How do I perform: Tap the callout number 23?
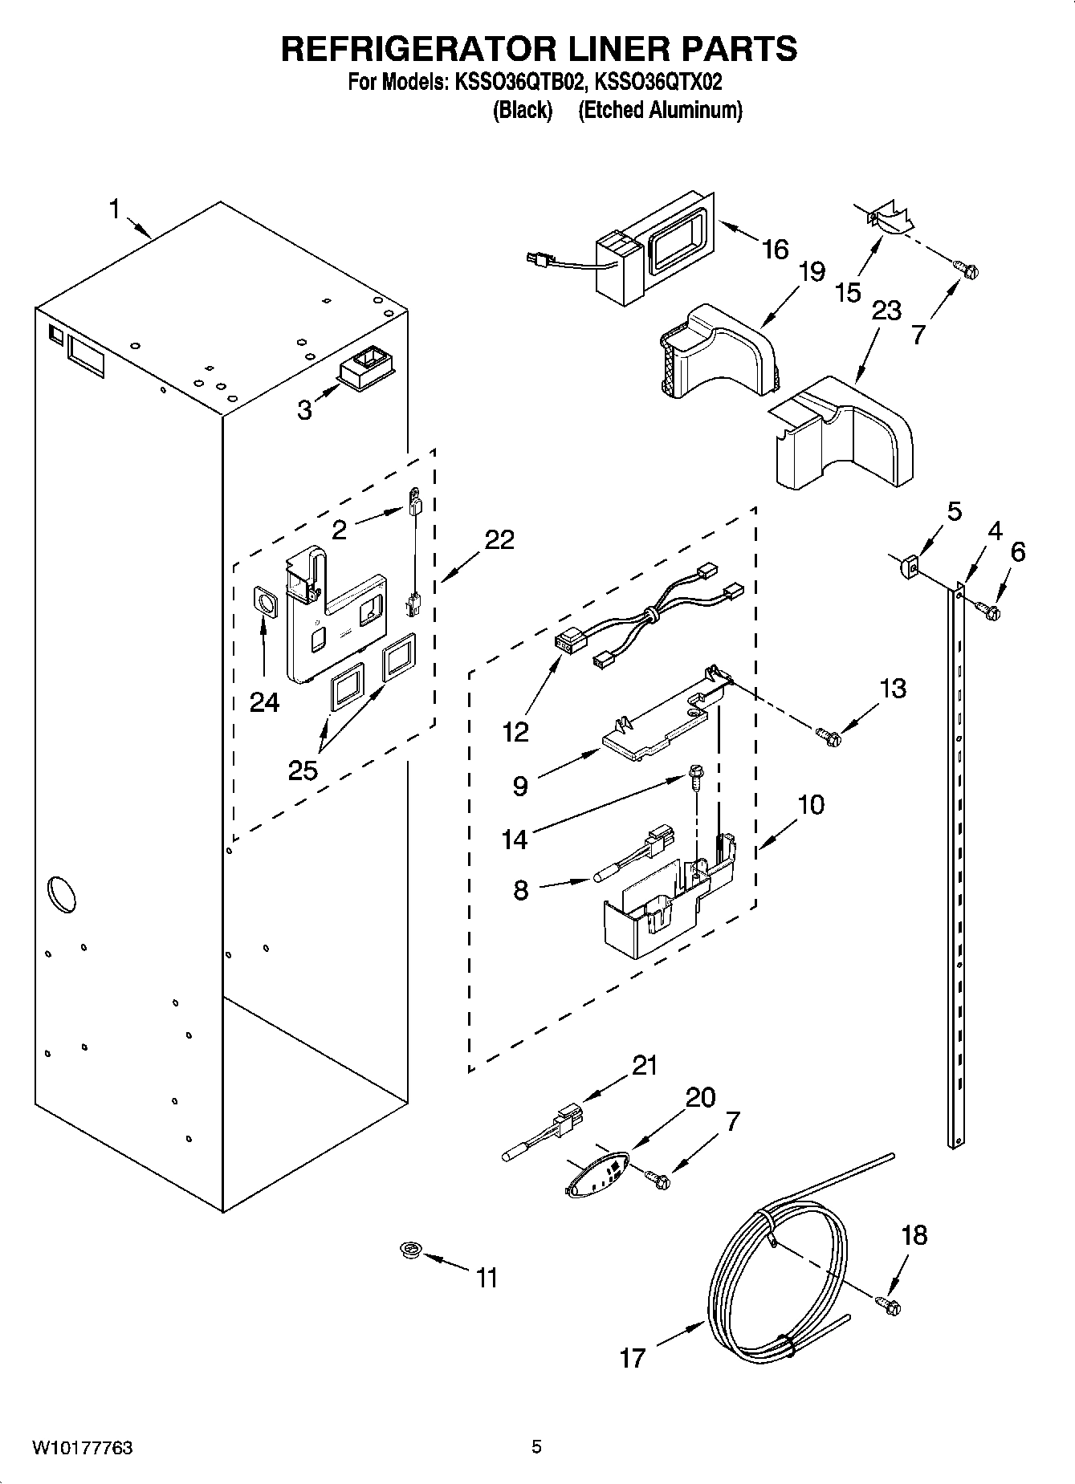(886, 311)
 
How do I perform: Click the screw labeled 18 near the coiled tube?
(889, 1306)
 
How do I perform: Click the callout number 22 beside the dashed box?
(499, 539)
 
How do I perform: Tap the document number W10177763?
(83, 1449)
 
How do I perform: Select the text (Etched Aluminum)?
(660, 110)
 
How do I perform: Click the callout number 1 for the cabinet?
(114, 209)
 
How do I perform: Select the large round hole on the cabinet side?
(61, 893)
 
